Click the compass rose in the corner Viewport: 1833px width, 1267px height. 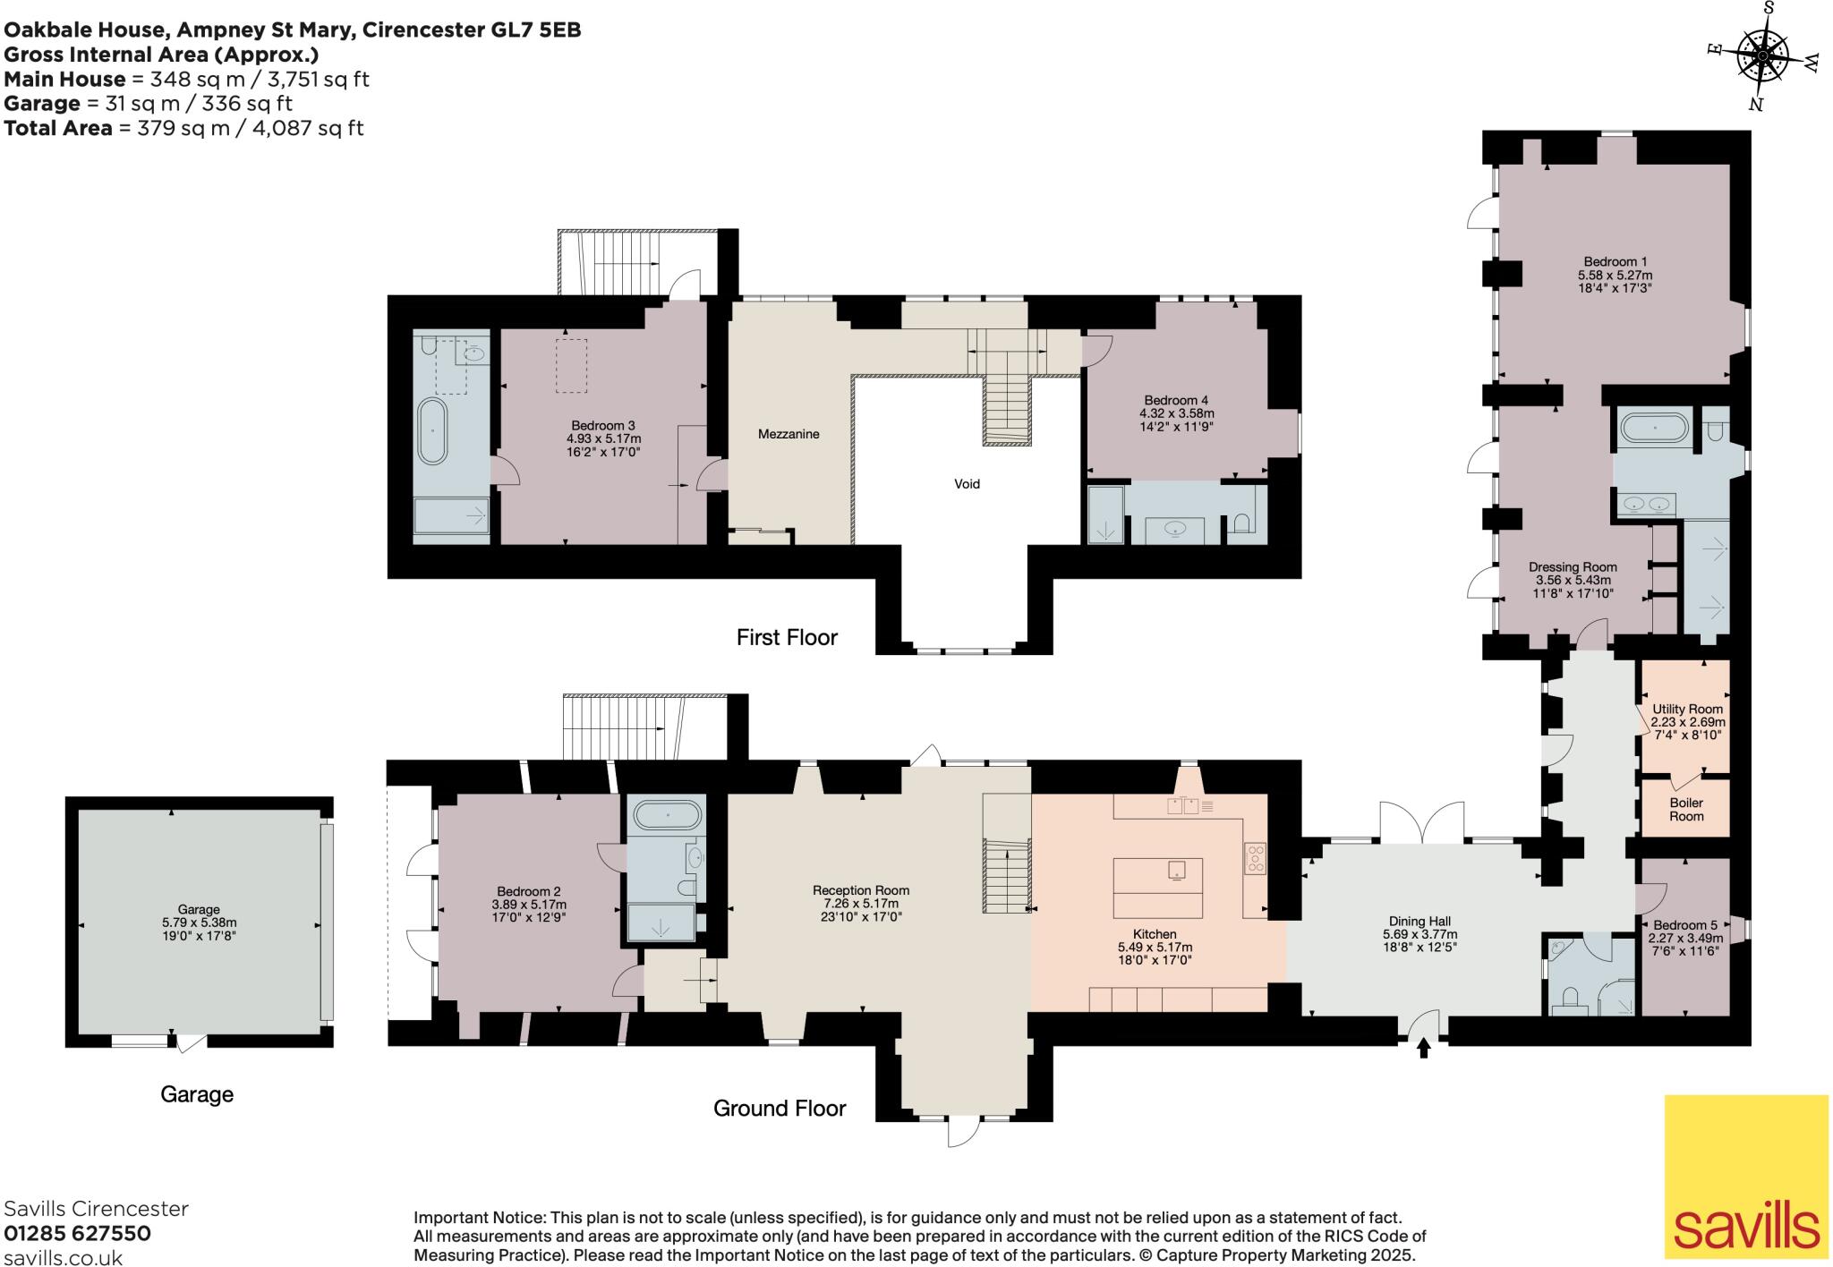click(1761, 55)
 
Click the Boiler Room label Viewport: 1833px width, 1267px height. click(1686, 810)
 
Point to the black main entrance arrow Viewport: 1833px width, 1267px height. click(1424, 1048)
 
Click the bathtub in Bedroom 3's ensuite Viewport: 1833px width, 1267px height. click(433, 431)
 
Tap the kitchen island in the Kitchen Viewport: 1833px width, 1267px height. click(1157, 888)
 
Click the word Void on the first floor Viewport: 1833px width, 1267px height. click(967, 484)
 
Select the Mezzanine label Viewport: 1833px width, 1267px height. click(789, 434)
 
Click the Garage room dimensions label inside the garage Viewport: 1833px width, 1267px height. click(199, 922)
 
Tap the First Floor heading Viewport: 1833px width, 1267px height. click(787, 638)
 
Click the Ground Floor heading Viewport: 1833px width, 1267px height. click(779, 1109)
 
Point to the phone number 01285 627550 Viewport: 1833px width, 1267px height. click(78, 1234)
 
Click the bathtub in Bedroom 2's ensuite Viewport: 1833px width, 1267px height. click(668, 815)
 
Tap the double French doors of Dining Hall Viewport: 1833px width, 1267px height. click(1422, 823)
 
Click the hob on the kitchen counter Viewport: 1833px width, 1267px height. click(1255, 858)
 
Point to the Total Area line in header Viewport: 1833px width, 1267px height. click(183, 128)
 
